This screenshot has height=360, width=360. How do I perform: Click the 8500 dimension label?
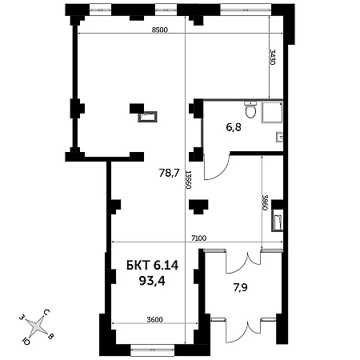click(x=160, y=30)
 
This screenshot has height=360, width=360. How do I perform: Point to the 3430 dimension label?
click(x=272, y=57)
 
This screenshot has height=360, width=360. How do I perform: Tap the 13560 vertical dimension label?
click(x=188, y=180)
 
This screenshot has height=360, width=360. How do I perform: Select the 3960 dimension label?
click(x=265, y=202)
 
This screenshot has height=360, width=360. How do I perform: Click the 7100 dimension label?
click(x=199, y=238)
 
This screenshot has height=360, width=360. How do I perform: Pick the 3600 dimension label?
click(x=154, y=319)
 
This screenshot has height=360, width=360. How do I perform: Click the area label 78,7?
click(x=169, y=174)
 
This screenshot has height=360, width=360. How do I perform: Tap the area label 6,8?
click(x=234, y=127)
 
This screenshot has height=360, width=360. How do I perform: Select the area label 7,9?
click(x=241, y=287)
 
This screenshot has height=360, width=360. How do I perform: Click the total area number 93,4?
click(x=152, y=281)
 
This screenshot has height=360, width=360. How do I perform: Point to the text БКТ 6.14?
click(x=152, y=266)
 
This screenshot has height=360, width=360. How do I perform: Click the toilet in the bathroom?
click(x=250, y=110)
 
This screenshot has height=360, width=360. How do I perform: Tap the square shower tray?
click(x=272, y=112)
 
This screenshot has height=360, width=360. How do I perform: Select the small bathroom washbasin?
click(x=279, y=137)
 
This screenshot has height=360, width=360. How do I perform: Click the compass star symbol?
click(x=37, y=326)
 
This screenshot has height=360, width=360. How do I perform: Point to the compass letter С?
click(x=46, y=313)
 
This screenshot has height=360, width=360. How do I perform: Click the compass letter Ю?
click(x=26, y=341)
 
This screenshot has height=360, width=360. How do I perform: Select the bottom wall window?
click(x=152, y=350)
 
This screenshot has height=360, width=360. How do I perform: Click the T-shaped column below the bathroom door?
click(x=198, y=206)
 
